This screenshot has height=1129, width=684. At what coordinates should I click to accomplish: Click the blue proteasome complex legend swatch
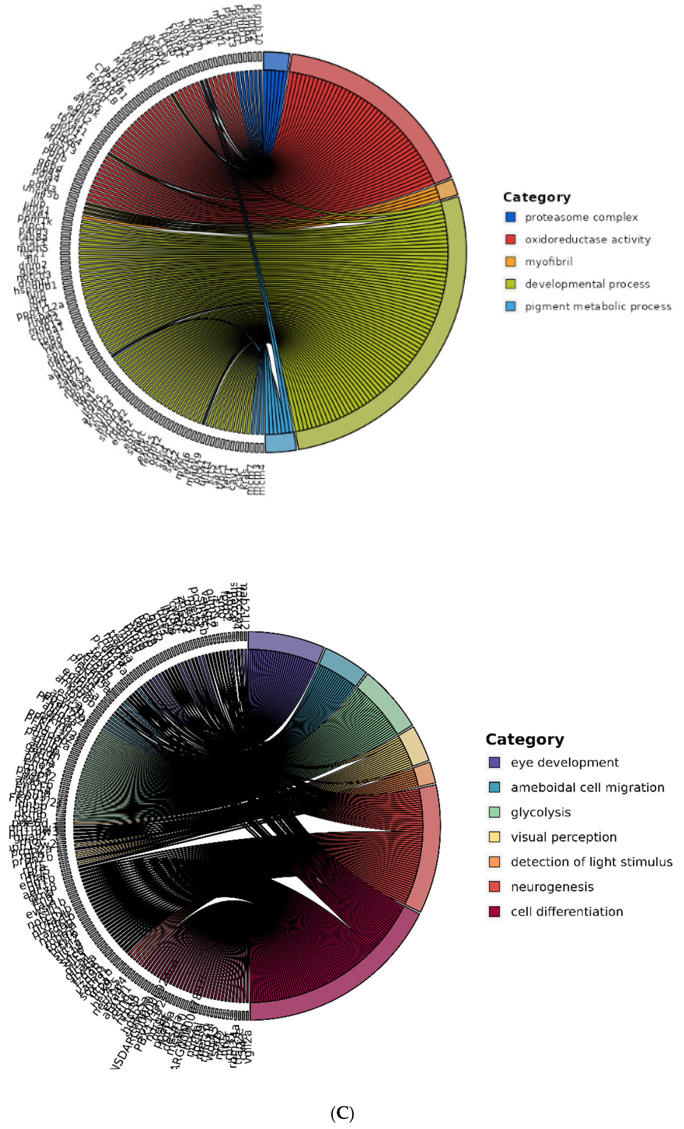(x=510, y=217)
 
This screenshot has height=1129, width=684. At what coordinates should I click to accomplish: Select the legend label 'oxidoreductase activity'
(x=587, y=239)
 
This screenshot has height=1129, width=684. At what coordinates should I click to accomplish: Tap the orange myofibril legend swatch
(x=510, y=262)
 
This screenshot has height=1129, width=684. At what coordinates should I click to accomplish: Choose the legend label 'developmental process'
(x=587, y=284)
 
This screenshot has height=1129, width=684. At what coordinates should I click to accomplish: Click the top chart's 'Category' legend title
(x=536, y=197)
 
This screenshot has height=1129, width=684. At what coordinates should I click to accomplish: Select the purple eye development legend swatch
(x=495, y=762)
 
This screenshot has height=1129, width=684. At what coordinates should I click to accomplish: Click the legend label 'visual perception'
(x=564, y=837)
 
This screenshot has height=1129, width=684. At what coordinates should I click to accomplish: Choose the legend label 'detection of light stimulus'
(x=592, y=862)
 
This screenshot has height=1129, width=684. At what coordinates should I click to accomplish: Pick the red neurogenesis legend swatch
(x=495, y=887)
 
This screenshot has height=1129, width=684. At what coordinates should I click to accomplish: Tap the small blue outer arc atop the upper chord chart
(x=276, y=61)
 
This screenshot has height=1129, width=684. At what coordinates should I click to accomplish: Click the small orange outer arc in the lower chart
(x=424, y=774)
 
